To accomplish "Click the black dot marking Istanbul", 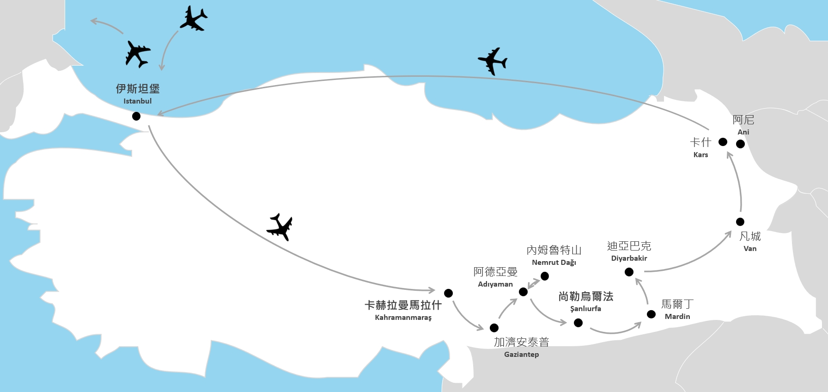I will click(136, 116).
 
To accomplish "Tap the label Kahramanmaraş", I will click(403, 318).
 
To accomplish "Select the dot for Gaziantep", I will click(494, 328).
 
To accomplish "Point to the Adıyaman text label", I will click(495, 284).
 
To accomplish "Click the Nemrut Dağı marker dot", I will click(545, 276).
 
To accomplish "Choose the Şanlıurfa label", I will click(585, 309).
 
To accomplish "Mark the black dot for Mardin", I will click(651, 314).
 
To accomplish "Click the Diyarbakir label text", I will click(629, 258).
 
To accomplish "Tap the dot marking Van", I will click(740, 221).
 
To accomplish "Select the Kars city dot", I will click(723, 142).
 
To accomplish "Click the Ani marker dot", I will click(740, 144).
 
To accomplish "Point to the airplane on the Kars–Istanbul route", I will click(493, 61).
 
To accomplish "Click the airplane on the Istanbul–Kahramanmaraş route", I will click(280, 227).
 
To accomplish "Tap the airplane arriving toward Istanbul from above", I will click(193, 18).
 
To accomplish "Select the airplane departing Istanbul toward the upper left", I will click(137, 54).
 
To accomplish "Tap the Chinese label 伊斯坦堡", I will click(138, 88).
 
